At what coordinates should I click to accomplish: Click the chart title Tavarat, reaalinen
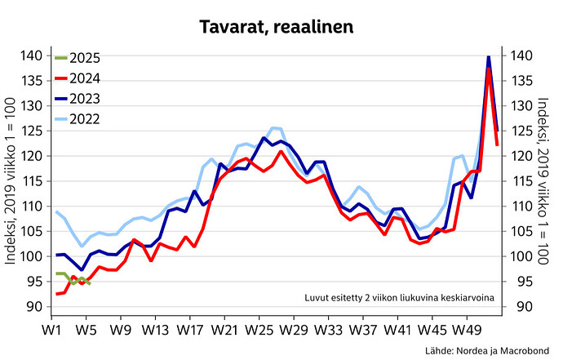281,27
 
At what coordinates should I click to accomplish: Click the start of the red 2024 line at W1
55,294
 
